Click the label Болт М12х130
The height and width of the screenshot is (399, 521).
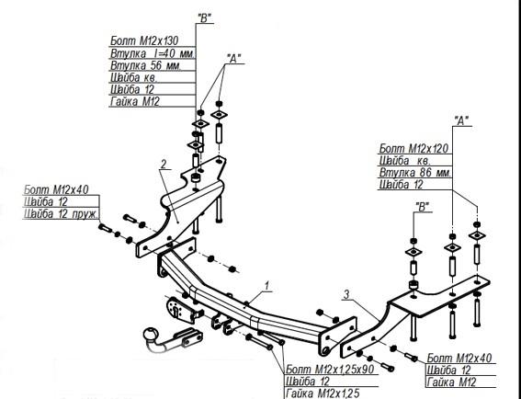click(144, 40)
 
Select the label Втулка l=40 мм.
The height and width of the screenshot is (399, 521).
click(153, 53)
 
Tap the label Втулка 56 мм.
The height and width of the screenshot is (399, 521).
click(146, 65)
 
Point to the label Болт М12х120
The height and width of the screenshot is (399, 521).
click(413, 148)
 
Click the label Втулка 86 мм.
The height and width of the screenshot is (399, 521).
click(415, 173)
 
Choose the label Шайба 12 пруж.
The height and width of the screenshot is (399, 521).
click(62, 214)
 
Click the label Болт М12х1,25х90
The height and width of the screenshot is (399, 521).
click(330, 369)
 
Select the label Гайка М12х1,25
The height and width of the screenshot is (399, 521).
click(323, 393)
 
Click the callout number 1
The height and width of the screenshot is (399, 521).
click(266, 285)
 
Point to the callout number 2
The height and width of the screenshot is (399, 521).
click(164, 164)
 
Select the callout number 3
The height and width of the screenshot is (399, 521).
click(346, 294)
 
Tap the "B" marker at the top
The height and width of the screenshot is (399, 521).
click(204, 18)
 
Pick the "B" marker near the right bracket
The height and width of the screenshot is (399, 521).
click(423, 207)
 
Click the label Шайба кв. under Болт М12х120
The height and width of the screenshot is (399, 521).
click(404, 161)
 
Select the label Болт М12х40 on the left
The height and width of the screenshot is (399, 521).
click(56, 190)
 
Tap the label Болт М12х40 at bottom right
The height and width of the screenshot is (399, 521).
click(459, 359)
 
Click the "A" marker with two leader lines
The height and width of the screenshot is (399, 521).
click(234, 59)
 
